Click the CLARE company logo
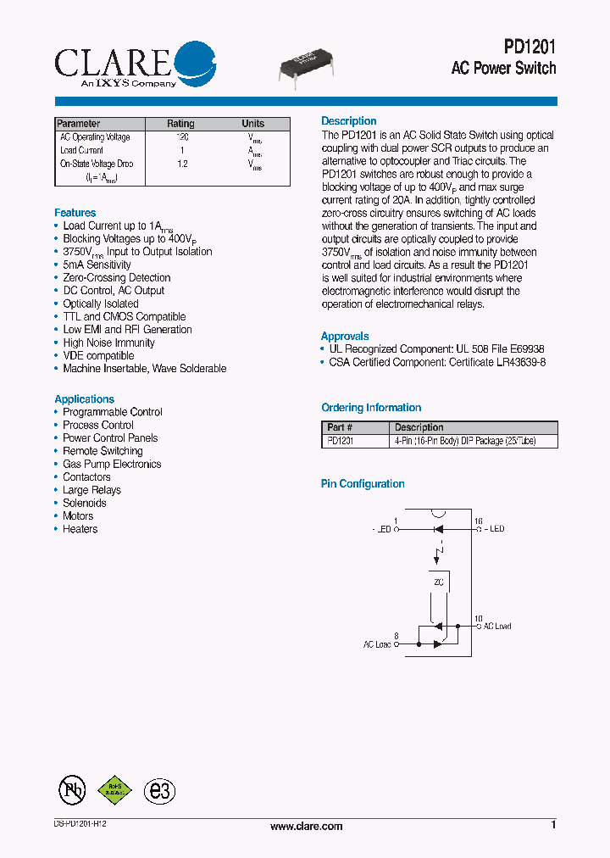(x=134, y=64)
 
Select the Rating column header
(x=180, y=124)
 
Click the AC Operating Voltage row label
(x=95, y=137)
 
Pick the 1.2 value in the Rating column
(x=182, y=164)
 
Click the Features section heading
(x=75, y=213)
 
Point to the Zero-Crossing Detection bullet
(x=116, y=278)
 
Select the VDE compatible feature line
(x=98, y=356)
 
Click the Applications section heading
(x=84, y=399)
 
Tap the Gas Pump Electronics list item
(x=112, y=465)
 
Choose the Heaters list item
(x=80, y=529)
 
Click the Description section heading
(x=348, y=121)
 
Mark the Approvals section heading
(x=345, y=337)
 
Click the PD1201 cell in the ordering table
(x=341, y=441)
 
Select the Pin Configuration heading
(x=363, y=484)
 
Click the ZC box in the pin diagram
(x=438, y=583)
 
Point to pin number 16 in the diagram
(x=478, y=521)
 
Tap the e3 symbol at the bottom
(x=159, y=791)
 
